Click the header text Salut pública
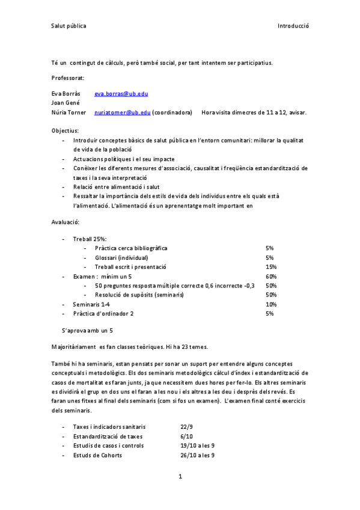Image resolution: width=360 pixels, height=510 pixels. point(69,26)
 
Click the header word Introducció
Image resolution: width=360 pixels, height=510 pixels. point(293,26)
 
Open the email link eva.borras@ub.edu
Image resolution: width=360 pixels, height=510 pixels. point(121,94)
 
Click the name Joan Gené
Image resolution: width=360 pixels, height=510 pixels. point(66,103)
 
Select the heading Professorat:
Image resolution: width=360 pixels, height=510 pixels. point(68,78)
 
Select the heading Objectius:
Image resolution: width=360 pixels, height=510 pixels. point(65,130)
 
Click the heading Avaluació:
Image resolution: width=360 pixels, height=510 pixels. point(66,223)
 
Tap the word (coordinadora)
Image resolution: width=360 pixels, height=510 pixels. point(172,112)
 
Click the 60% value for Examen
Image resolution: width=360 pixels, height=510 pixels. point(270,276)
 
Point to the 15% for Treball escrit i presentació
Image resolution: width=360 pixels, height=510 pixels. point(270,266)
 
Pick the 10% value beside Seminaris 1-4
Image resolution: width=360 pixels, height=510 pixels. point(270,304)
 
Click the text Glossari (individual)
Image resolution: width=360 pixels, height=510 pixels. point(121,257)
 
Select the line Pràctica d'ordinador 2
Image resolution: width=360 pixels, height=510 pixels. point(103,313)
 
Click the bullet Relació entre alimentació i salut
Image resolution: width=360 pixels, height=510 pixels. point(115,186)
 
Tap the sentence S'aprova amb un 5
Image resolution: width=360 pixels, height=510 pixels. point(88,331)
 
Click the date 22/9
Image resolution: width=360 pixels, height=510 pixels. point(186,426)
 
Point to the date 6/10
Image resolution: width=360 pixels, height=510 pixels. point(186,436)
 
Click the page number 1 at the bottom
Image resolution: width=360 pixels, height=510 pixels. point(180,477)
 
